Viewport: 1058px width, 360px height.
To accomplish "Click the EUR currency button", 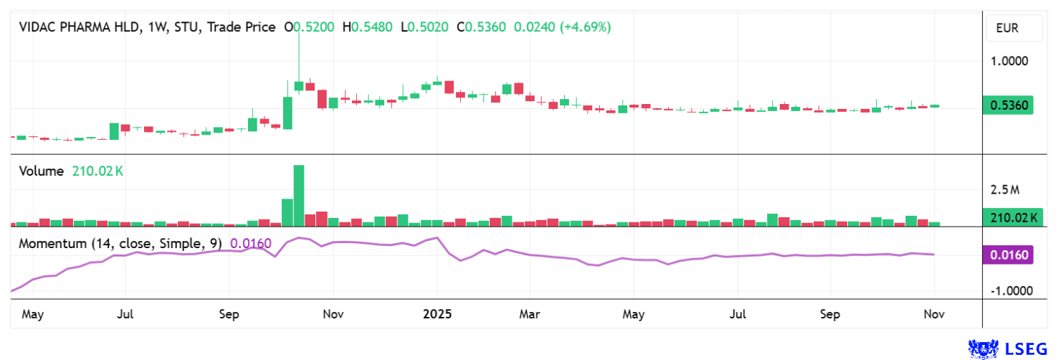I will [1007, 29].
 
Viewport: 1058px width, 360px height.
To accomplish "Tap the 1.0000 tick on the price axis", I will [1009, 61].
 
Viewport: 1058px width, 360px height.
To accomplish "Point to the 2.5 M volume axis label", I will [1004, 190].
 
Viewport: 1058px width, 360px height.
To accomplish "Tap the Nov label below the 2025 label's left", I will [333, 314].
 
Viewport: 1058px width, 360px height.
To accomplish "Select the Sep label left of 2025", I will [229, 314].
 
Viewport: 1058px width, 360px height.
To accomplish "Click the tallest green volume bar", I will [299, 196].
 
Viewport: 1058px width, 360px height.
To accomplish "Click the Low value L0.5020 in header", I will [424, 27].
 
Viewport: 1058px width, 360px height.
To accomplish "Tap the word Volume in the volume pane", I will [42, 171].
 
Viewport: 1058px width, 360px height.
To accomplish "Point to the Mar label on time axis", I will [530, 314].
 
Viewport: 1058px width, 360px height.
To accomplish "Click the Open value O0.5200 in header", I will [310, 27].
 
